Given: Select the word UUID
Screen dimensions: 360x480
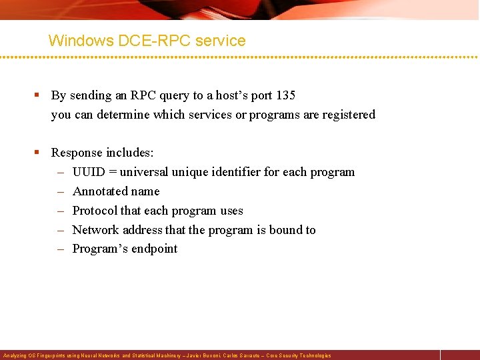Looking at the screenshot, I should point(89,172).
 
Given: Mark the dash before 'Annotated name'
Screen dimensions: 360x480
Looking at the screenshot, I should point(59,191).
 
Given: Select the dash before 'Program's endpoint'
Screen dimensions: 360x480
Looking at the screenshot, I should point(59,249).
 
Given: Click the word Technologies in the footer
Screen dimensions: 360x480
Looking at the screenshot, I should point(315,356).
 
